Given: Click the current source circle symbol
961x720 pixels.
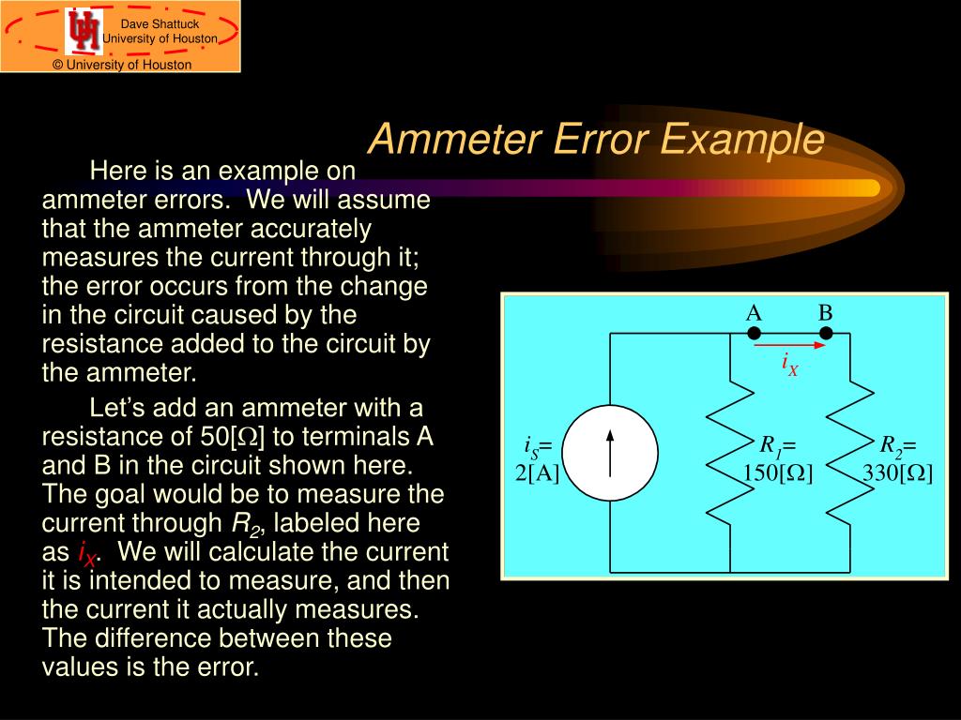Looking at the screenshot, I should pyautogui.click(x=610, y=453).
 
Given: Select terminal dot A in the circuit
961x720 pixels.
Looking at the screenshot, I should pyautogui.click(x=754, y=333).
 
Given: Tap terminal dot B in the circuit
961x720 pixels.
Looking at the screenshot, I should pyautogui.click(x=826, y=333).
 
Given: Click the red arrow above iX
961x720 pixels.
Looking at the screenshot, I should pyautogui.click(x=790, y=345).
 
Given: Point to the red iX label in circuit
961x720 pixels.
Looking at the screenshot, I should pyautogui.click(x=790, y=365).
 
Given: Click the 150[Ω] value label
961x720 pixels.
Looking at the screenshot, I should pyautogui.click(x=778, y=473).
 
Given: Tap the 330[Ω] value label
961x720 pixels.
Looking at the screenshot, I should pyautogui.click(x=899, y=473).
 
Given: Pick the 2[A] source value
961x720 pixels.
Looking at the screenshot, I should pyautogui.click(x=537, y=473).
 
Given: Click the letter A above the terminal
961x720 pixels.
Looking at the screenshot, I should pyautogui.click(x=754, y=313).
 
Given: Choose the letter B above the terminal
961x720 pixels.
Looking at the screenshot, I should pyautogui.click(x=826, y=313).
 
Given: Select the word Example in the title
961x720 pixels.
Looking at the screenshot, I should pyautogui.click(x=741, y=140).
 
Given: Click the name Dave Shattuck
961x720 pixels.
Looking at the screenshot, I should pyautogui.click(x=160, y=23).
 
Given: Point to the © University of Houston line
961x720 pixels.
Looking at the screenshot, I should pyautogui.click(x=122, y=65).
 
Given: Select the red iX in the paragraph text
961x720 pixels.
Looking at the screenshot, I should pyautogui.click(x=85, y=554).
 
